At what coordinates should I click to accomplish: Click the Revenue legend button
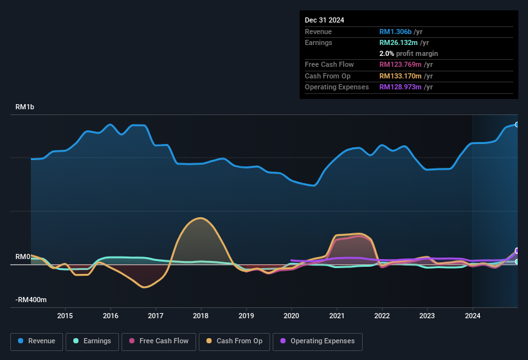coord(37,341)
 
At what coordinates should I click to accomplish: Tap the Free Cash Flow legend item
coord(159,341)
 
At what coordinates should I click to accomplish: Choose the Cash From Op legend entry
coord(234,341)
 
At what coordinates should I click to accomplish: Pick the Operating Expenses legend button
coord(318,341)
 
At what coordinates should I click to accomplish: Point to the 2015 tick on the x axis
coord(65,316)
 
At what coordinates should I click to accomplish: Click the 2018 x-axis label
coord(201,316)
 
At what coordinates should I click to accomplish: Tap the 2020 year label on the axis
coord(291,316)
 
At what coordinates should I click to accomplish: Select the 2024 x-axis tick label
coord(473,316)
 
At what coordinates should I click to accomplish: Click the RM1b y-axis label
coord(25,107)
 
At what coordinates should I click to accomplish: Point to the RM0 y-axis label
coord(23,256)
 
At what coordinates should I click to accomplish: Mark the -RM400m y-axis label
coord(31,300)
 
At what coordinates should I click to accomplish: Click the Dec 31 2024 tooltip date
coord(324,20)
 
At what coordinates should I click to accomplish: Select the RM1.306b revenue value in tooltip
coord(396,32)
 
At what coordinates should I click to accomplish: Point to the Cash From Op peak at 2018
coord(201,218)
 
